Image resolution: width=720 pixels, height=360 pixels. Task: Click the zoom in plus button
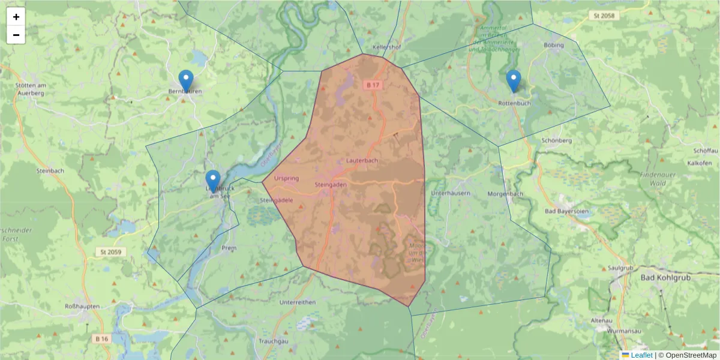[16, 17]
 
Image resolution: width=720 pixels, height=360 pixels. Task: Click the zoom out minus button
[16, 35]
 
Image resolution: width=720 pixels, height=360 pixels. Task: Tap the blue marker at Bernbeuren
[186, 80]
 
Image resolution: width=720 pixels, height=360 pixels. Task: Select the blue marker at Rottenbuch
[513, 80]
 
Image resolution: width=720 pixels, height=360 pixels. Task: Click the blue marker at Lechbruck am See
[212, 181]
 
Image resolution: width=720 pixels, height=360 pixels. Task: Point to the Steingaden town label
[331, 185]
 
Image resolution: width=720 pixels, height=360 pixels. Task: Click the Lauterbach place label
[362, 161]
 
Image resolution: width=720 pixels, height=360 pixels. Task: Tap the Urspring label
[286, 178]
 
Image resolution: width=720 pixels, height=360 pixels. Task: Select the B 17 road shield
[373, 85]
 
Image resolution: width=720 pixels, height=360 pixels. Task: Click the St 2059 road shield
[112, 253]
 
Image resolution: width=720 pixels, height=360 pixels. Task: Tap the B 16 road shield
[102, 339]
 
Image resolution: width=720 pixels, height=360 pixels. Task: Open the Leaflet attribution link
[641, 355]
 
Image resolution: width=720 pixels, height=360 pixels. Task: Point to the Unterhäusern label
[450, 193]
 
